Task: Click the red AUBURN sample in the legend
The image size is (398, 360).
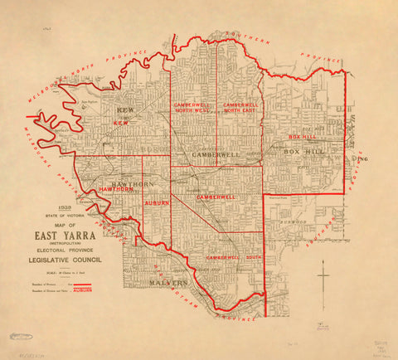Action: [x=81, y=292]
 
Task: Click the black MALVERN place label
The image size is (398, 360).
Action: [x=170, y=284]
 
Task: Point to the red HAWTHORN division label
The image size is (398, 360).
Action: [x=115, y=190]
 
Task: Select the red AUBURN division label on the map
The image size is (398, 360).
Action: [x=157, y=202]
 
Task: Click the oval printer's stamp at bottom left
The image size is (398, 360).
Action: [x=17, y=335]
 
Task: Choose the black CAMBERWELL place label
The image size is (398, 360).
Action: [x=215, y=155]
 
